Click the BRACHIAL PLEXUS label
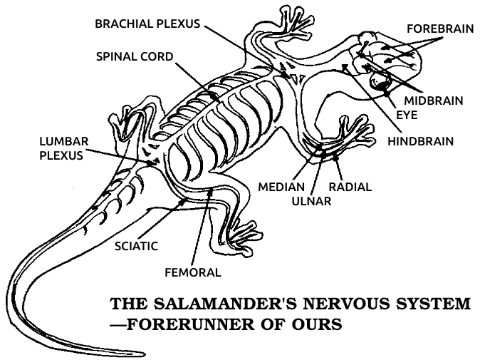149,24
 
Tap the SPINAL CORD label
135,56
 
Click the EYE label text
407,114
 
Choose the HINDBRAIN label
420,141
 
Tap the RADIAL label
349,187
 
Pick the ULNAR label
311,200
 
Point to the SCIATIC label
136,246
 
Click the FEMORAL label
192,272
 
